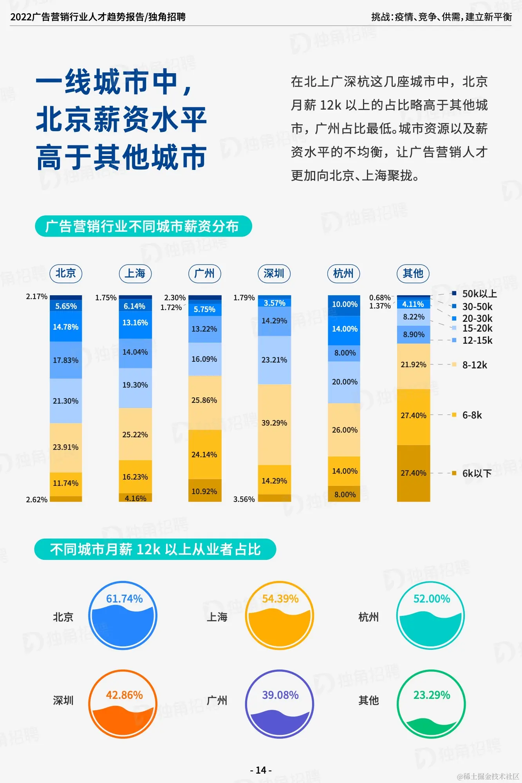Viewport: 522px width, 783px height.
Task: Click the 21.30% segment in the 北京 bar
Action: (66, 401)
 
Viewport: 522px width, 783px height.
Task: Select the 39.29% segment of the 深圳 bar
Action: (274, 423)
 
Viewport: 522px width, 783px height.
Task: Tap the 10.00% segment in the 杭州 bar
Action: (345, 305)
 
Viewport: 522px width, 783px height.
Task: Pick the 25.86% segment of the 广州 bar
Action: (204, 401)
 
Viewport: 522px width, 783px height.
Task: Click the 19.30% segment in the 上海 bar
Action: (135, 385)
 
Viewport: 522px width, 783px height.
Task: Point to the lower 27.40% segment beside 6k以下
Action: (414, 473)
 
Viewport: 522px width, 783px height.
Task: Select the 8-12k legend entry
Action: (474, 365)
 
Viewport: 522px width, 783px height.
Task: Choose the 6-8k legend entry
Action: (472, 415)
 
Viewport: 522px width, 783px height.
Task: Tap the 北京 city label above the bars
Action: (66, 273)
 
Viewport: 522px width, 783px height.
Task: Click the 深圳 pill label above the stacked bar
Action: (274, 273)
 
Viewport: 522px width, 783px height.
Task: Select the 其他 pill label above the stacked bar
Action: (413, 273)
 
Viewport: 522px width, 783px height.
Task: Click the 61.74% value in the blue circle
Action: (125, 599)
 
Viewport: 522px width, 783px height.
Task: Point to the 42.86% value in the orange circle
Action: (125, 695)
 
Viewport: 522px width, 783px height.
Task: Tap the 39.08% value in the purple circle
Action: (280, 695)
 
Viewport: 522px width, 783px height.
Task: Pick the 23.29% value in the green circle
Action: (432, 695)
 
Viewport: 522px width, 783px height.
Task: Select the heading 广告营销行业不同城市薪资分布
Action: (143, 226)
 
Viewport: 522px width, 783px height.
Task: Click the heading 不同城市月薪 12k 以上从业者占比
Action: (155, 550)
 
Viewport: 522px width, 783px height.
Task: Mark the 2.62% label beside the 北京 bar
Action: (36, 500)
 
